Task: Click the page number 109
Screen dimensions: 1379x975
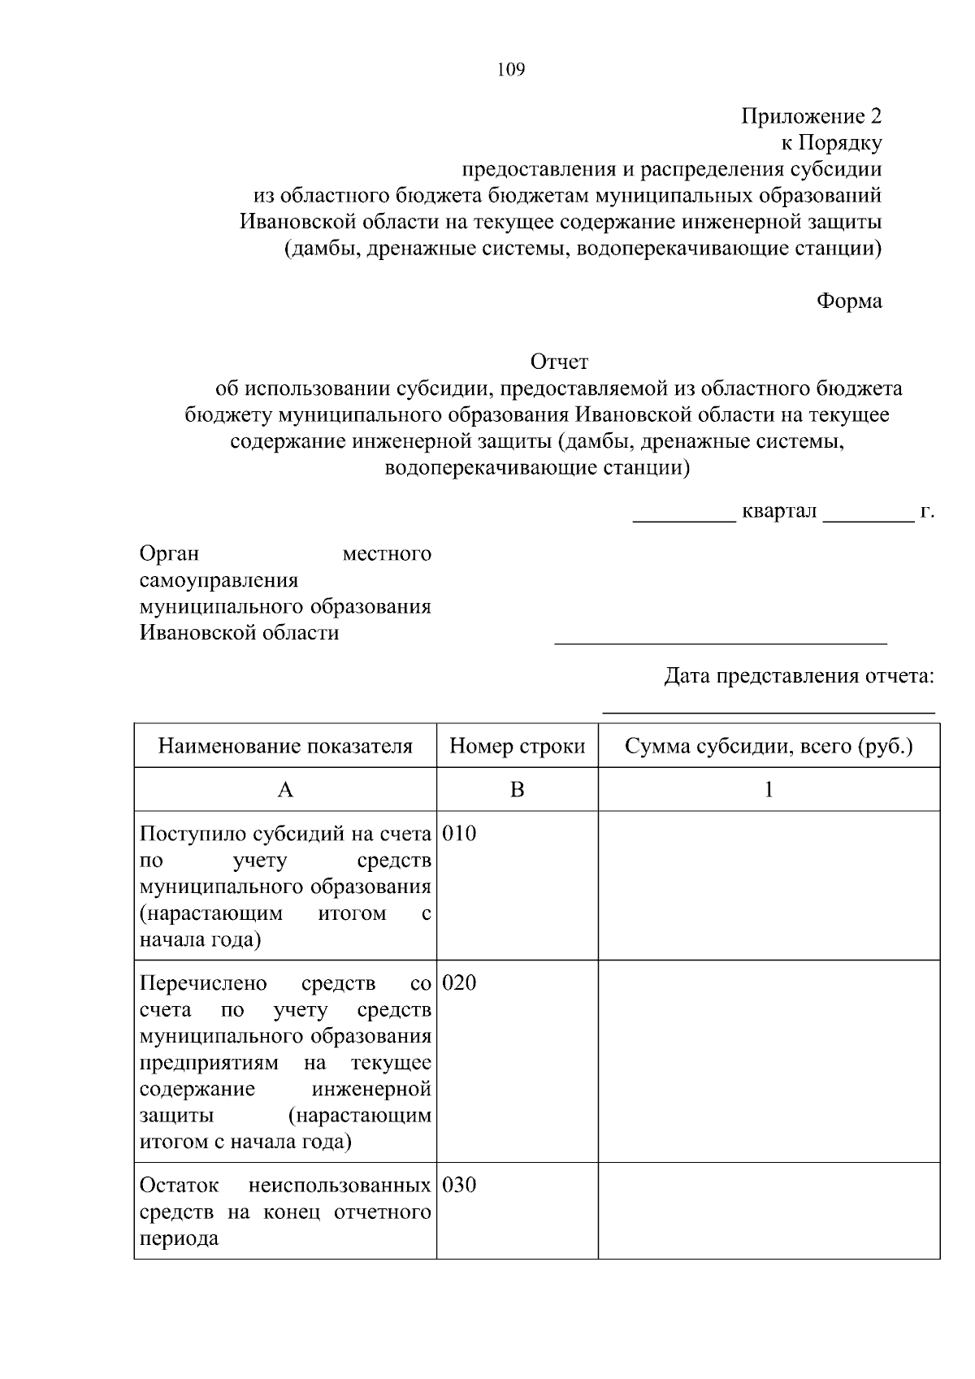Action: pos(511,70)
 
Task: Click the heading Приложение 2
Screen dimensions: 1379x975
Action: pos(810,116)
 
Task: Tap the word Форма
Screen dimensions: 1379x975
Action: pos(848,301)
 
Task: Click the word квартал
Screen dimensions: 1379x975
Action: pos(779,512)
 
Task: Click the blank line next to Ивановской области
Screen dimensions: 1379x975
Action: pos(720,642)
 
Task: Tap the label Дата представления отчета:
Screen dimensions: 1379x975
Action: pos(799,676)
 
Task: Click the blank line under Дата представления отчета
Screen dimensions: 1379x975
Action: pos(768,713)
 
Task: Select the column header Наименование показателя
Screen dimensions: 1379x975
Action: pos(285,746)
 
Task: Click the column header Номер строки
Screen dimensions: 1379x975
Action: pos(518,746)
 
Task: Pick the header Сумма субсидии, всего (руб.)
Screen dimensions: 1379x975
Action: pos(769,746)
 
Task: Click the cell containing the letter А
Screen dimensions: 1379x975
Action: pos(285,789)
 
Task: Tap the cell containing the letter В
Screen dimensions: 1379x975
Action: pos(517,789)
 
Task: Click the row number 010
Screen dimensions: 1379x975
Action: pos(460,834)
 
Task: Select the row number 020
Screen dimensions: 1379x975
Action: pos(460,983)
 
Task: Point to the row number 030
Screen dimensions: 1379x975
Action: pos(460,1185)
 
